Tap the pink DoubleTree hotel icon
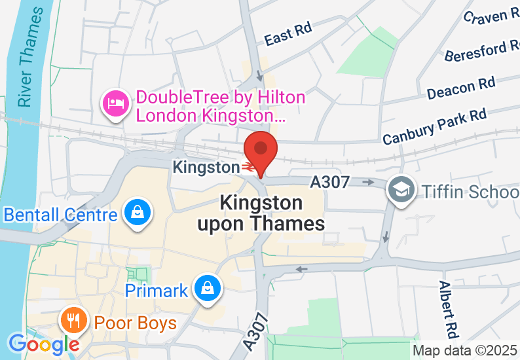[x=115, y=104]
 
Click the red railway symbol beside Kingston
[x=248, y=168]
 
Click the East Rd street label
[x=288, y=33]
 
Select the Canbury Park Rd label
[x=435, y=127]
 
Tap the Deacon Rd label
[x=460, y=88]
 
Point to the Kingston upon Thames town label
[x=261, y=213]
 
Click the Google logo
[x=43, y=343]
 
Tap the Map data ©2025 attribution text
[x=464, y=350]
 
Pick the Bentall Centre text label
[x=60, y=215]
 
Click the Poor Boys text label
[x=136, y=323]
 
